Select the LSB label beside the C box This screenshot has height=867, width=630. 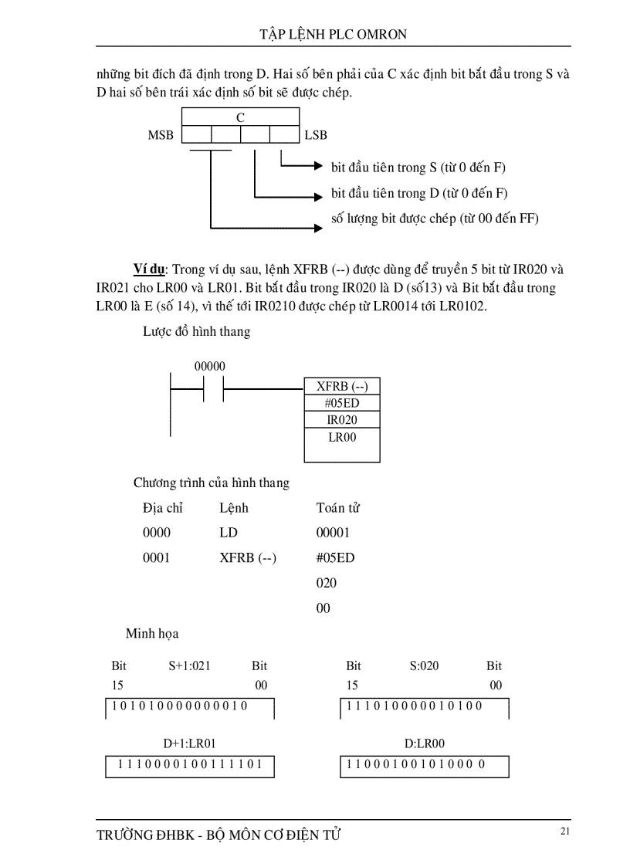pyautogui.click(x=316, y=135)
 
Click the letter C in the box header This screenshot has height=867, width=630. pyautogui.click(x=240, y=118)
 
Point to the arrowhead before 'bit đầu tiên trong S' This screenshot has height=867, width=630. pyautogui.click(x=317, y=166)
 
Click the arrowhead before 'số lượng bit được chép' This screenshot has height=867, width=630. pyautogui.click(x=317, y=228)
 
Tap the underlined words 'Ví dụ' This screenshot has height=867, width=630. pyautogui.click(x=149, y=269)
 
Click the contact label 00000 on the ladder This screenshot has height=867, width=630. pyautogui.click(x=210, y=366)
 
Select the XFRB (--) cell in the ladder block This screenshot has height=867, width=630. pyautogui.click(x=342, y=386)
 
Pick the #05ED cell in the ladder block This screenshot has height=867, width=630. pyautogui.click(x=342, y=403)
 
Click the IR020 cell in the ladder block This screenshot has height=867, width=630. pyautogui.click(x=342, y=420)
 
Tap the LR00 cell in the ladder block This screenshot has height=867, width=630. pyautogui.click(x=342, y=437)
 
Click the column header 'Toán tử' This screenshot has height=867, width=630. pyautogui.click(x=338, y=508)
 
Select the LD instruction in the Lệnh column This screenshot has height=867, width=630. pyautogui.click(x=229, y=533)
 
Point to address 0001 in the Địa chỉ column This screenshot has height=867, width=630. pyautogui.click(x=157, y=557)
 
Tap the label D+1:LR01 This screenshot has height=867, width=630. pyautogui.click(x=189, y=743)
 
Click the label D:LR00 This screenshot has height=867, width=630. pyautogui.click(x=425, y=743)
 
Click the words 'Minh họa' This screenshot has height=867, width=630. pyautogui.click(x=152, y=634)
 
